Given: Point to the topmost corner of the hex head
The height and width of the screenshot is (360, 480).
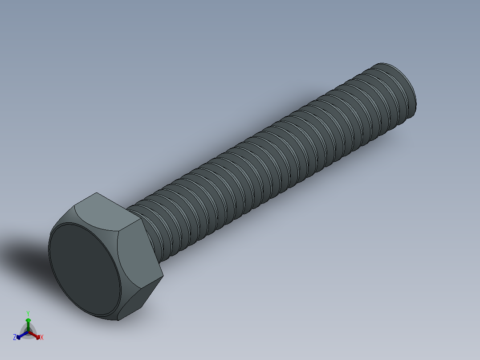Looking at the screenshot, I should tap(96, 193).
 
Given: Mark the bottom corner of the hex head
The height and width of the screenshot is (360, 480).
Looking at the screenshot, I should tap(118, 320).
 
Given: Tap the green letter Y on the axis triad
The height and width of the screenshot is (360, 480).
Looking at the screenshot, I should tap(28, 313).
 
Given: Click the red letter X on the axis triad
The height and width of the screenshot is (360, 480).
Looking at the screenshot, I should tap(42, 338).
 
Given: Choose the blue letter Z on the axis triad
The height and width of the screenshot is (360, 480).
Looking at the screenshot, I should tap(15, 338).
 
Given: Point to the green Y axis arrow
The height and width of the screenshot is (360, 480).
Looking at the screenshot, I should tap(28, 324).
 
